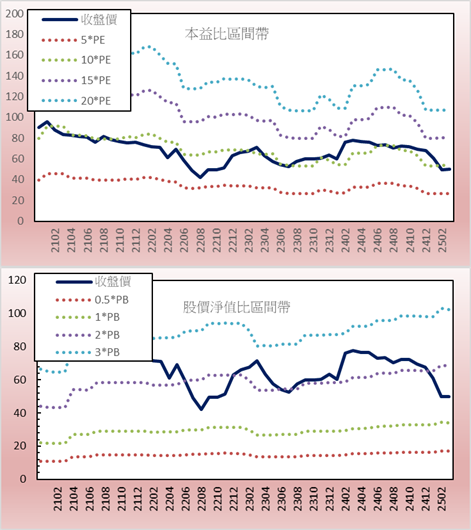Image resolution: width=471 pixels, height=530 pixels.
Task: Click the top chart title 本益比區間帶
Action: [227, 34]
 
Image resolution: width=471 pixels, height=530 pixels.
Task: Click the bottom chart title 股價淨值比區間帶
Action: [236, 307]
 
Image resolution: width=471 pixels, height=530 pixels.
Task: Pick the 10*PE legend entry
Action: [76, 60]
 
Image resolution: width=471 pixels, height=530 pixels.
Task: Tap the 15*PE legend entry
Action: [76, 80]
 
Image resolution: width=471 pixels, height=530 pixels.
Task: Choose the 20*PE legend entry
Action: [76, 101]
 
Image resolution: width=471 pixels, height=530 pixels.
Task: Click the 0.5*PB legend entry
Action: [92, 300]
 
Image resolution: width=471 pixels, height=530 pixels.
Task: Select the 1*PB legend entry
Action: [88, 317]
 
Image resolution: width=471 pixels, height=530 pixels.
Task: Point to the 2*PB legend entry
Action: [88, 335]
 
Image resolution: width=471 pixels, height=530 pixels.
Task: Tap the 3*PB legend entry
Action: [88, 352]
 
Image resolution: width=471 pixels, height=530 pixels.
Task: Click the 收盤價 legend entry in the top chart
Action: [79, 20]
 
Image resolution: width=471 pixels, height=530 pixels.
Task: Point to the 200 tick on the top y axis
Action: [15, 14]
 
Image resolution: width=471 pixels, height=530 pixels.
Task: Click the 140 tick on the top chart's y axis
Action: [15, 76]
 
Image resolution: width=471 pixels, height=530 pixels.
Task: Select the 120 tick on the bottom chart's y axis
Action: [17, 280]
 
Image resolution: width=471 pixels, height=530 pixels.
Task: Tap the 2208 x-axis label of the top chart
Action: [201, 240]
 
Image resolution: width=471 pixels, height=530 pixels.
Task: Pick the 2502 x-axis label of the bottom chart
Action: [442, 499]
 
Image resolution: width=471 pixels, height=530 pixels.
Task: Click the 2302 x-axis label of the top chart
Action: [249, 240]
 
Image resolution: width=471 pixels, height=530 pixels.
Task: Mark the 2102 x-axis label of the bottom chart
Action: [58, 499]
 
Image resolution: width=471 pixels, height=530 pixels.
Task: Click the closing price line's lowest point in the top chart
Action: [201, 177]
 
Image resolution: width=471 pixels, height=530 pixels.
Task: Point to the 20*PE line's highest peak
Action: [148, 47]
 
